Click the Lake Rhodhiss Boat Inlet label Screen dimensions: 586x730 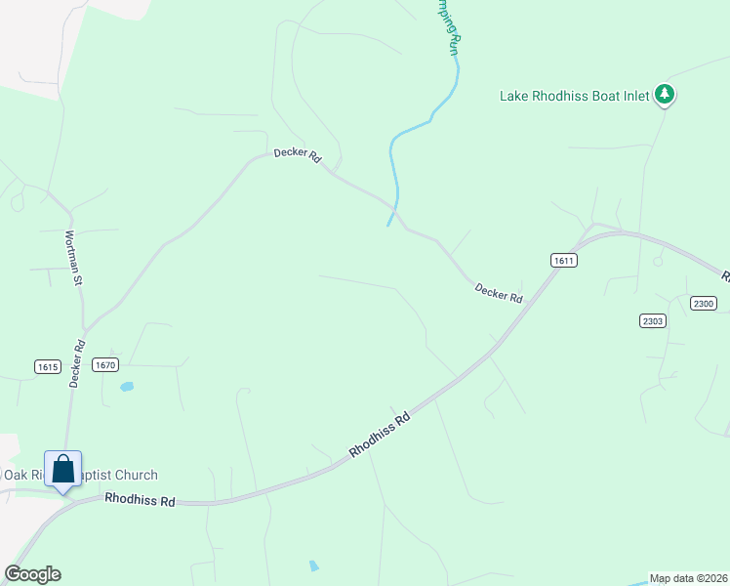[x=576, y=96]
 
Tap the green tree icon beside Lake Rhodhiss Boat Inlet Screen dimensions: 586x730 [x=665, y=94]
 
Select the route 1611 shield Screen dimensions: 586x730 [x=563, y=260]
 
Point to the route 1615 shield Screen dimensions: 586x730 [x=48, y=367]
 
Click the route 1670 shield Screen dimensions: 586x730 [x=105, y=364]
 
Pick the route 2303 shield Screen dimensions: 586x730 [x=653, y=320]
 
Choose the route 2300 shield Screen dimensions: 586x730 [x=703, y=304]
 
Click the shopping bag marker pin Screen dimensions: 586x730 [x=63, y=470]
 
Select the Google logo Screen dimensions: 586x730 [x=32, y=574]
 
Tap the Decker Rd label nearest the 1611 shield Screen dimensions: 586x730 [x=499, y=292]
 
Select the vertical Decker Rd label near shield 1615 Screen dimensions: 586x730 [x=77, y=363]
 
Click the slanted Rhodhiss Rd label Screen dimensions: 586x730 [x=380, y=436]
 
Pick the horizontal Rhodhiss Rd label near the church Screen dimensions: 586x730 [x=141, y=501]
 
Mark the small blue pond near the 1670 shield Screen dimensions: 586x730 [x=126, y=388]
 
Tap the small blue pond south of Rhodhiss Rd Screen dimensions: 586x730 [x=312, y=565]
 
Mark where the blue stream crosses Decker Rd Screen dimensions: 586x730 [x=395, y=207]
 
